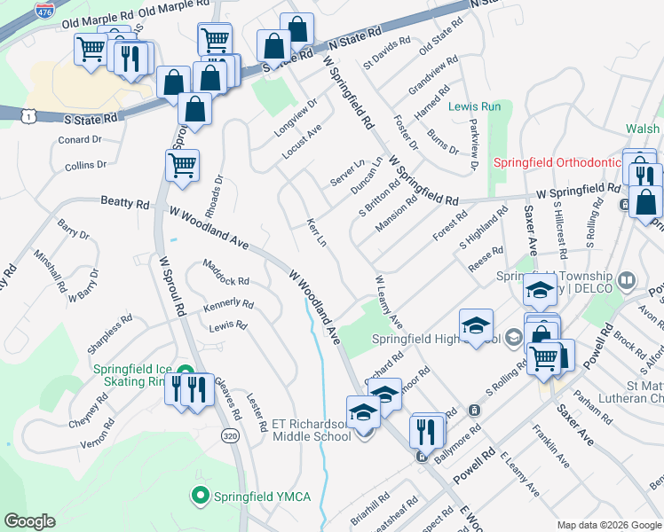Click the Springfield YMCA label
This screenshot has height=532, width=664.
click(x=264, y=496)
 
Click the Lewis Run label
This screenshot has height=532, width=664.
click(x=474, y=106)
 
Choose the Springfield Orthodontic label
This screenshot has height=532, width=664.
click(x=557, y=162)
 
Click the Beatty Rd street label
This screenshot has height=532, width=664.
click(x=124, y=203)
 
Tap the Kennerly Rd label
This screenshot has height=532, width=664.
click(x=228, y=305)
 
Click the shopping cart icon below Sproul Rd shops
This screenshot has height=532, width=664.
click(x=182, y=165)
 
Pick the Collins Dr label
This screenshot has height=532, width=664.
click(x=85, y=165)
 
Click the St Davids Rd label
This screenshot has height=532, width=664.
click(x=386, y=52)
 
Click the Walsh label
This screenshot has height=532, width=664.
click(x=642, y=129)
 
